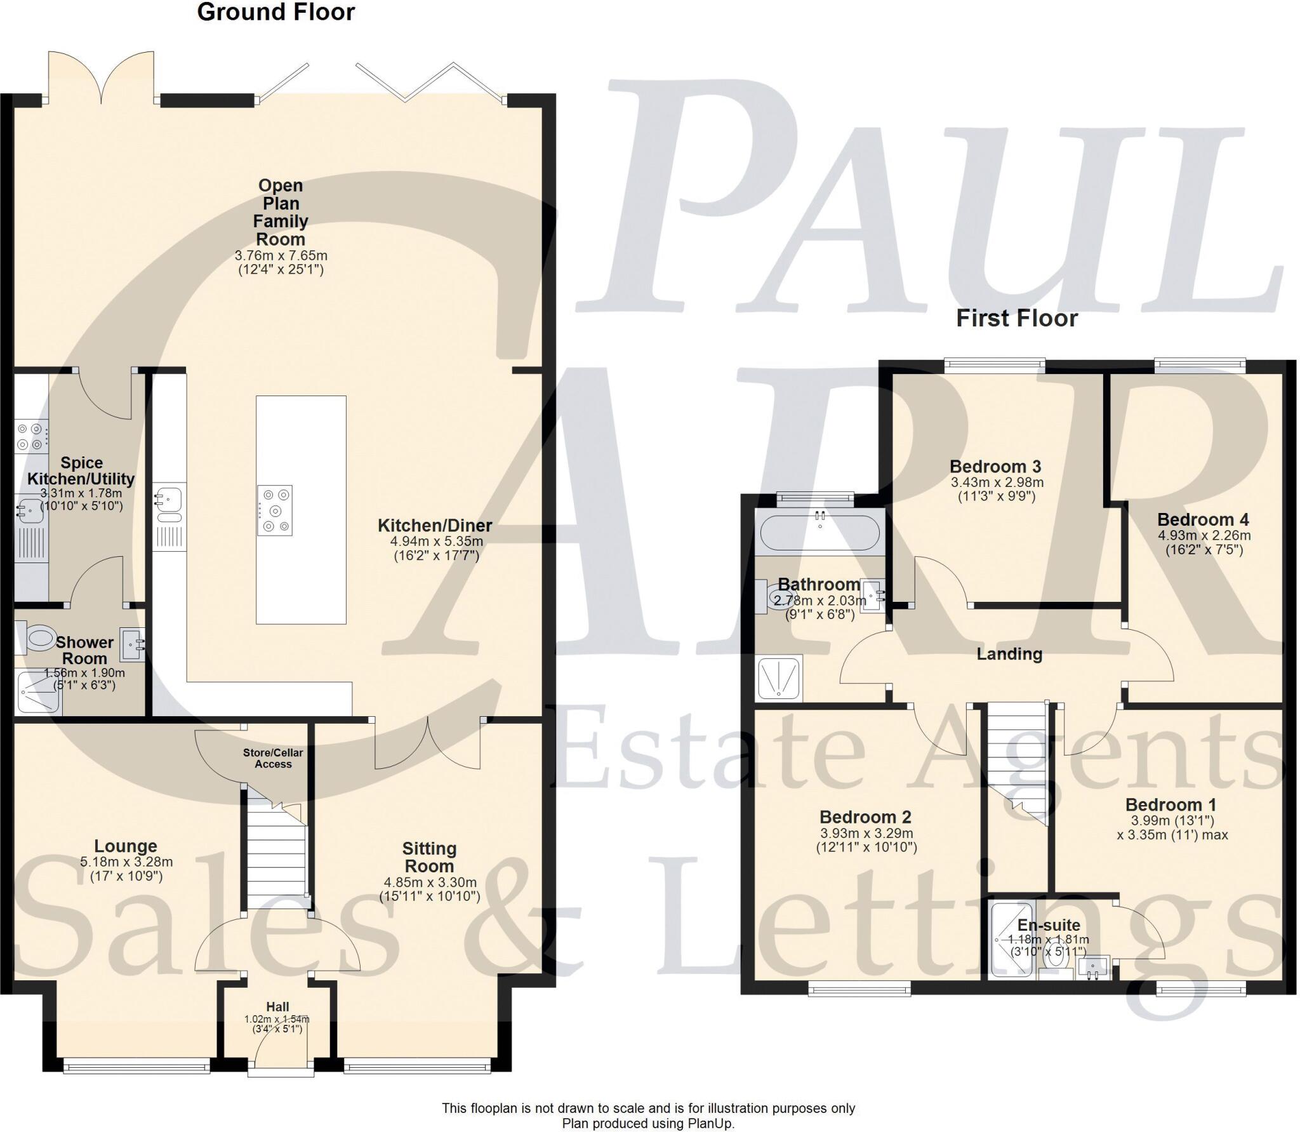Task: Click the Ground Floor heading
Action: [x=275, y=12]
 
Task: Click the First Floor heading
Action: [x=1017, y=318]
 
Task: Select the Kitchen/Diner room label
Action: [x=435, y=526]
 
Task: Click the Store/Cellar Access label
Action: [x=273, y=758]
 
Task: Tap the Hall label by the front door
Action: [x=277, y=1007]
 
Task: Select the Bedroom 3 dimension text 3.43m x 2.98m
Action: [x=997, y=483]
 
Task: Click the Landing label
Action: [x=1009, y=654]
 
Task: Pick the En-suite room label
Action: [x=1049, y=925]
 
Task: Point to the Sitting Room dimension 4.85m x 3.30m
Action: [x=430, y=882]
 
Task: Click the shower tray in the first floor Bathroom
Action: [x=779, y=678]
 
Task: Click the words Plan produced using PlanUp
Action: [x=647, y=1123]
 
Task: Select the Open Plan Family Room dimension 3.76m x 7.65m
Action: [x=281, y=256]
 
